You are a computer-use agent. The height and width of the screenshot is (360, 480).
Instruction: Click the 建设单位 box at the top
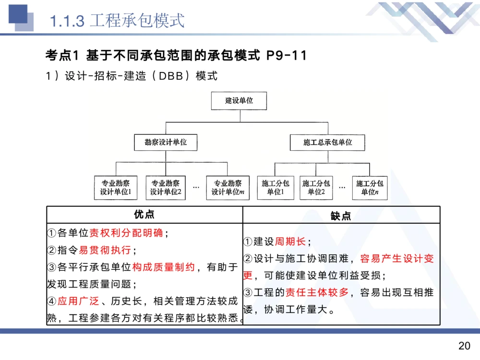pyautogui.click(x=239, y=101)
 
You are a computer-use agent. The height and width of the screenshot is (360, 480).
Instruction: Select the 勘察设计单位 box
pyautogui.click(x=166, y=142)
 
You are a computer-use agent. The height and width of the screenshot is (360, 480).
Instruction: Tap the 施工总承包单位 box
pyautogui.click(x=327, y=142)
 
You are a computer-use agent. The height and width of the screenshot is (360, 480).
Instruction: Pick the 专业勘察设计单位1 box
pyautogui.click(x=116, y=188)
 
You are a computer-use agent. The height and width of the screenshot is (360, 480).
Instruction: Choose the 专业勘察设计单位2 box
pyautogui.click(x=166, y=188)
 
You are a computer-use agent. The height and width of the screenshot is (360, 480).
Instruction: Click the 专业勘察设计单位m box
pyautogui.click(x=228, y=188)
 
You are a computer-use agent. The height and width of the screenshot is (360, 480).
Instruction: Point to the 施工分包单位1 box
pyautogui.click(x=276, y=188)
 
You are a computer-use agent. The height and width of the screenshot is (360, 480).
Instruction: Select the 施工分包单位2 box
pyautogui.click(x=316, y=188)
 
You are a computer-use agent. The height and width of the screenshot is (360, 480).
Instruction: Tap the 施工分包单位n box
pyautogui.click(x=370, y=188)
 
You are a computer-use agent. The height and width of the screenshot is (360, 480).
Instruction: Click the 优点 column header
pyautogui.click(x=144, y=215)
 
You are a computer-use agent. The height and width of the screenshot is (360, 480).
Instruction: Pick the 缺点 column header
pyautogui.click(x=341, y=216)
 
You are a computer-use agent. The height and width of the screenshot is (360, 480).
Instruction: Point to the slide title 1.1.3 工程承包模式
pyautogui.click(x=118, y=21)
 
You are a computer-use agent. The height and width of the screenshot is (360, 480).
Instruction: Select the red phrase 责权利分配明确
pyautogui.click(x=127, y=233)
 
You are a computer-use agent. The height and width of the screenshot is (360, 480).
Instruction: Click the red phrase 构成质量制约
pyautogui.click(x=164, y=267)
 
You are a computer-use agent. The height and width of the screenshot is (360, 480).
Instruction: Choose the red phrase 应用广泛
pyautogui.click(x=78, y=301)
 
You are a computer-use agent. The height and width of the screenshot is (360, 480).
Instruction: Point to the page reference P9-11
pyautogui.click(x=286, y=56)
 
